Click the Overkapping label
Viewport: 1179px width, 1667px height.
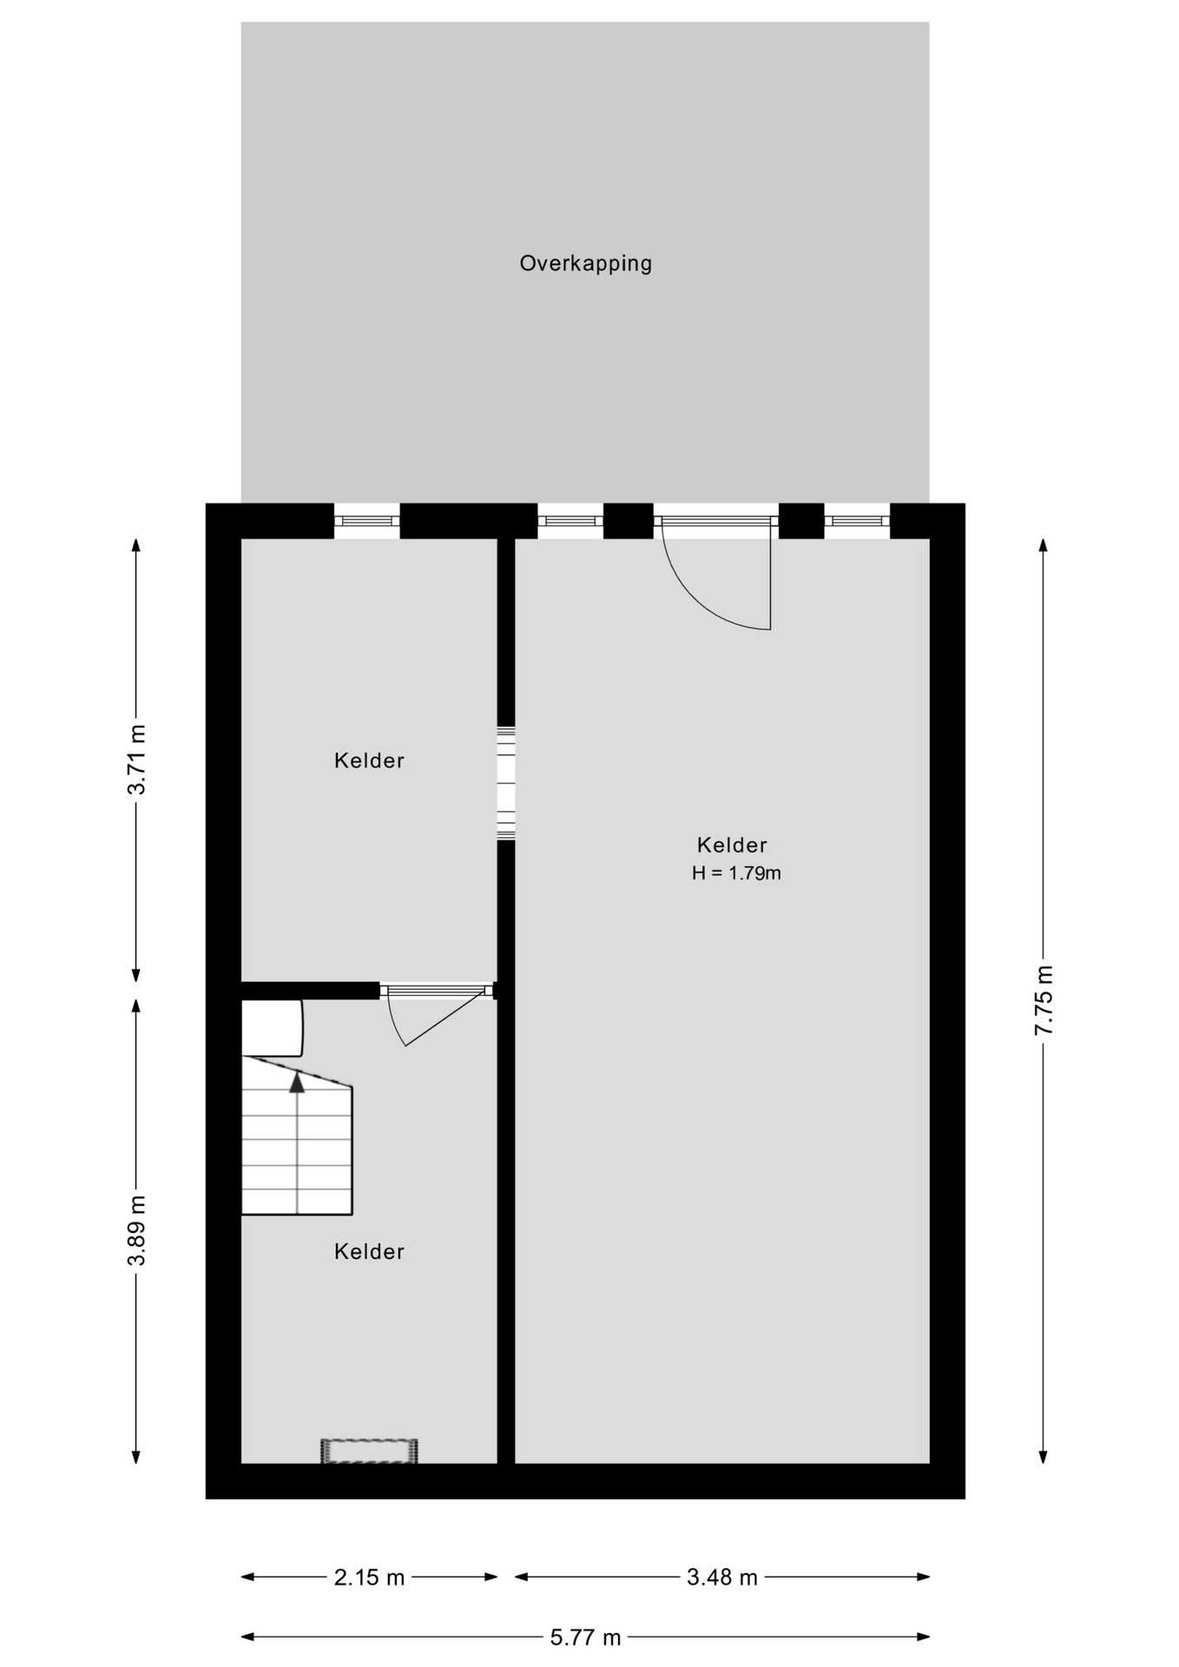(585, 263)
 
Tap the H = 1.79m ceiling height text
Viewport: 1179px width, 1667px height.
(736, 873)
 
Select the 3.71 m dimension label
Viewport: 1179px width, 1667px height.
(136, 759)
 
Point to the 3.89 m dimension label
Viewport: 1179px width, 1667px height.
(136, 1229)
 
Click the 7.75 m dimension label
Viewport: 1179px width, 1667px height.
(1044, 1000)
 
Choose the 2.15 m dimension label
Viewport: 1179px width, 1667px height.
(369, 1577)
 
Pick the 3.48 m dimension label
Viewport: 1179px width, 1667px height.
(722, 1577)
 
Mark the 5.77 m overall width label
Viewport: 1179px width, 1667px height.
(585, 1637)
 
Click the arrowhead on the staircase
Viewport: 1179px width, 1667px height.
(297, 1082)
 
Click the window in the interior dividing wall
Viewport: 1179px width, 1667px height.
(506, 783)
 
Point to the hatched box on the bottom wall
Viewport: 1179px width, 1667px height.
(369, 1451)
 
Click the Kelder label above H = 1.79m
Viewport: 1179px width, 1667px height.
(732, 845)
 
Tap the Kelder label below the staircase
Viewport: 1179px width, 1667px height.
(369, 1251)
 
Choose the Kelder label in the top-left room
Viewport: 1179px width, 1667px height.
(369, 761)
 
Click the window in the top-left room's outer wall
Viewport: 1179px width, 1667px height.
(367, 521)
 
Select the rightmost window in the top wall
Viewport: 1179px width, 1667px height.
(857, 521)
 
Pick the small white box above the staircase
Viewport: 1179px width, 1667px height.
(272, 1028)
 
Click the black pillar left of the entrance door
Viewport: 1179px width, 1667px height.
(628, 521)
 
